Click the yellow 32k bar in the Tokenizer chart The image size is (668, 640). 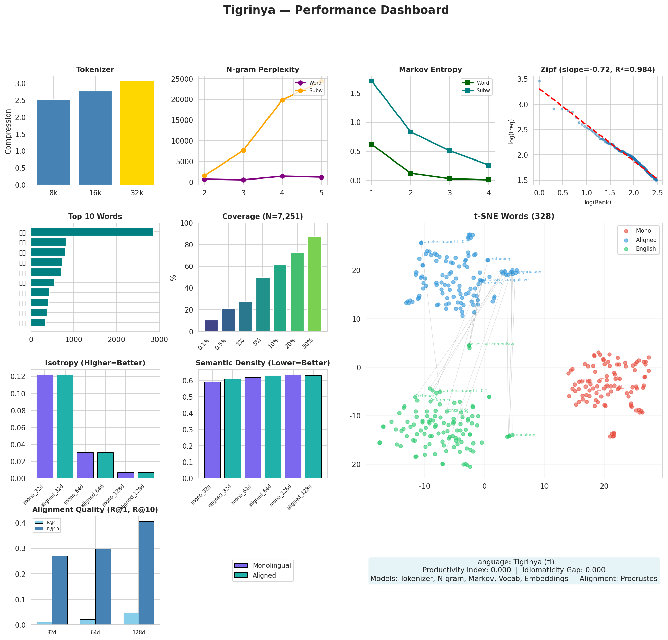137,133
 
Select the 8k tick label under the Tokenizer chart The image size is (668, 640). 53,193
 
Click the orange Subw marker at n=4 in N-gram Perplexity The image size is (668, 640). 282,100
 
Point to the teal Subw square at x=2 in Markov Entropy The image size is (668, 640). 411,132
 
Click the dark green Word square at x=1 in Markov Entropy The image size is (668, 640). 371,145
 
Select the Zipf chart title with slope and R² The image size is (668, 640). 598,70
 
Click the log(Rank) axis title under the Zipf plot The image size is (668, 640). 597,202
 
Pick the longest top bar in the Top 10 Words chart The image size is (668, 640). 92,232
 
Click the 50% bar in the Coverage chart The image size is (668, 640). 314,284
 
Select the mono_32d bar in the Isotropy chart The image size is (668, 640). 45,426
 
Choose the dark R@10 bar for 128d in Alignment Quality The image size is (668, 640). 146,572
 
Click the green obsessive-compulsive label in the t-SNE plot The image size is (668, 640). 493,344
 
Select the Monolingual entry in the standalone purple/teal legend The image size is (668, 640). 271,565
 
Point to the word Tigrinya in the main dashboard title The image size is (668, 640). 249,10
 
